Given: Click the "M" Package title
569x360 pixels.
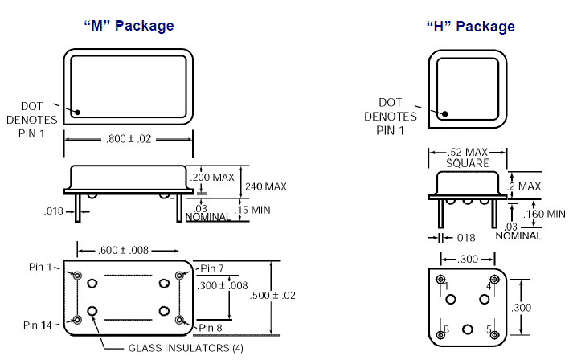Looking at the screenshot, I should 129,26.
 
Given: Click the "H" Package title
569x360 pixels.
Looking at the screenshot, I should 470,27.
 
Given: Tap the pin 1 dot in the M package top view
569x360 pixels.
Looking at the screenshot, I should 77,112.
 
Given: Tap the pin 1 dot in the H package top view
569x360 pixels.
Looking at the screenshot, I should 441,113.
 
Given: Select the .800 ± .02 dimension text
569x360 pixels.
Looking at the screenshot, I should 129,139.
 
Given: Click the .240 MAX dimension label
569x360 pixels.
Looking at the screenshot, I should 266,187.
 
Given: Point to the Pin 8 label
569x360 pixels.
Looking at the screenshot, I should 211,327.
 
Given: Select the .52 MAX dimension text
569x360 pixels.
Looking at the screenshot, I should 469,153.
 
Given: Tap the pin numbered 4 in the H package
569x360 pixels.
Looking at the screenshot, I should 494,280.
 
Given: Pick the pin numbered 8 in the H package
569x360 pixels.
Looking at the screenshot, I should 441,333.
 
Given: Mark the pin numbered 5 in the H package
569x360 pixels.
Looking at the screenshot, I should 494,333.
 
